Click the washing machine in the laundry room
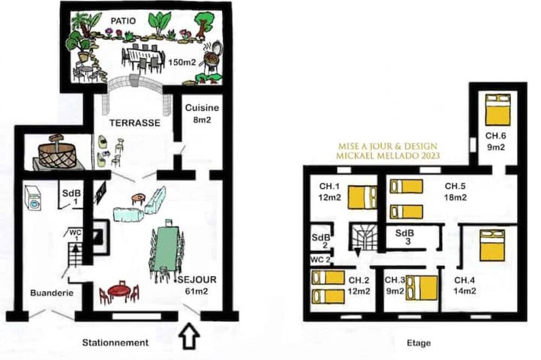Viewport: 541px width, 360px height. point(33,198)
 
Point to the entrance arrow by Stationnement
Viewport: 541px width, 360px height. point(189,336)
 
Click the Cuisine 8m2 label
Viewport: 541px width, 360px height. point(202,114)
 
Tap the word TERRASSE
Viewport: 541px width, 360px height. point(135,123)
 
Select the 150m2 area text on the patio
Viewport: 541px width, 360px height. point(182,62)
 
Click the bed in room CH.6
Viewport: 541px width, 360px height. point(498,110)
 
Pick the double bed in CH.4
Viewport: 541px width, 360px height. point(492,245)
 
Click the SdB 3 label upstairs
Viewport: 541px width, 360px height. point(405,237)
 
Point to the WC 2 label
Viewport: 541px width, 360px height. point(320,259)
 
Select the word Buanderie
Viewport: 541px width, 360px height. point(52,293)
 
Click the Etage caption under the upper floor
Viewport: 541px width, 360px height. point(419,343)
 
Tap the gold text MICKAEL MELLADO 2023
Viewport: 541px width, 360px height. point(388,156)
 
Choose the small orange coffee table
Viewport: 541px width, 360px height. point(138,198)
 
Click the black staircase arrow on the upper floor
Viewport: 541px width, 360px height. point(358,252)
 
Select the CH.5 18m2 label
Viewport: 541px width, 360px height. point(456,192)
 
